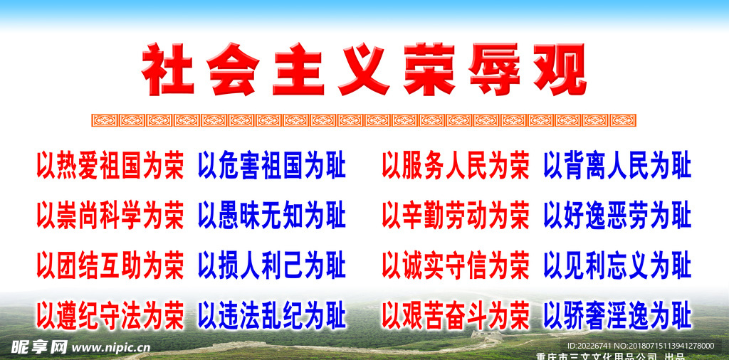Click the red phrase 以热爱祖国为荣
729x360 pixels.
point(110,165)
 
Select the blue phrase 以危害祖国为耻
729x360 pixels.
point(272,165)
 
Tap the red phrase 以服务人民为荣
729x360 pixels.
point(456,165)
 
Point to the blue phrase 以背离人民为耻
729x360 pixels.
point(617,165)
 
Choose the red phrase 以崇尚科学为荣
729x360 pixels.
point(110,216)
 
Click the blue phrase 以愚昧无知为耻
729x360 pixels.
point(272,216)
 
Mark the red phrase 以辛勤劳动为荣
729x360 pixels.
point(456,216)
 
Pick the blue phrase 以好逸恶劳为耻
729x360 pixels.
point(617,216)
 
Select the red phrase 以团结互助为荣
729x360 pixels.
point(110,265)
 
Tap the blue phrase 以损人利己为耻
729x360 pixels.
point(272,265)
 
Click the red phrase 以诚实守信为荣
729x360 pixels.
point(456,265)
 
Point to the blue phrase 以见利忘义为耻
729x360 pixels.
point(617,265)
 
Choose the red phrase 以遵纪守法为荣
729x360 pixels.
point(110,316)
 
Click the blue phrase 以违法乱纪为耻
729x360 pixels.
point(272,316)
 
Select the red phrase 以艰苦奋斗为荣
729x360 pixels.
point(456,316)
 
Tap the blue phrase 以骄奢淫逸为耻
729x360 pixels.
point(617,316)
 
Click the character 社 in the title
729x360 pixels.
point(168,69)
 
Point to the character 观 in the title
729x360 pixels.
point(560,69)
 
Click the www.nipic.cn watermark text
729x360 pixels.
point(111,347)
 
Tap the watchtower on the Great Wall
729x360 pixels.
point(486,335)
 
